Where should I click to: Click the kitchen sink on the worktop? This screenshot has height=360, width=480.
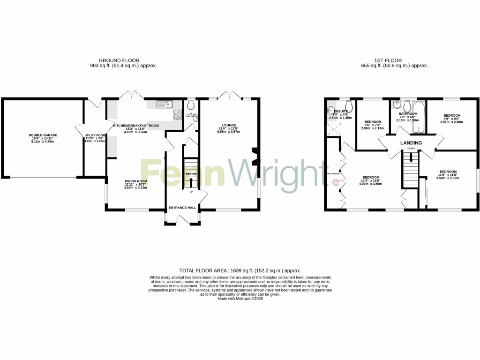pos(165,104)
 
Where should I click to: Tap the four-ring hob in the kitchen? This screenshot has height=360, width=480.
pos(178,114)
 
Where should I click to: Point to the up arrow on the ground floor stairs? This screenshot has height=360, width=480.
pos(191,180)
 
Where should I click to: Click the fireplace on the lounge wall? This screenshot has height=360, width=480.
pos(255,157)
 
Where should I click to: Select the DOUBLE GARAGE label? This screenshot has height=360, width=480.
pos(43,135)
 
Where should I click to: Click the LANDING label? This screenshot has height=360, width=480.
pos(411,143)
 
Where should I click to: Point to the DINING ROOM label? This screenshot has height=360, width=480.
pos(136,181)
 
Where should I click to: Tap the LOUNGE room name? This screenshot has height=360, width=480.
pos(229,125)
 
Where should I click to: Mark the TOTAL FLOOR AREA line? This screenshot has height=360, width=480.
pos(240,270)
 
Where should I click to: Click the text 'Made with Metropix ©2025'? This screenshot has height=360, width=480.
pos(240,298)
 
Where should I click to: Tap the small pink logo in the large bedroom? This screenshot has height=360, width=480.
pos(336,183)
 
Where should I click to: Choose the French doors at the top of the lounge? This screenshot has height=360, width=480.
pos(230,95)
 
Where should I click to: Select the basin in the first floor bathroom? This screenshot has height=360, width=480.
pos(398,105)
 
